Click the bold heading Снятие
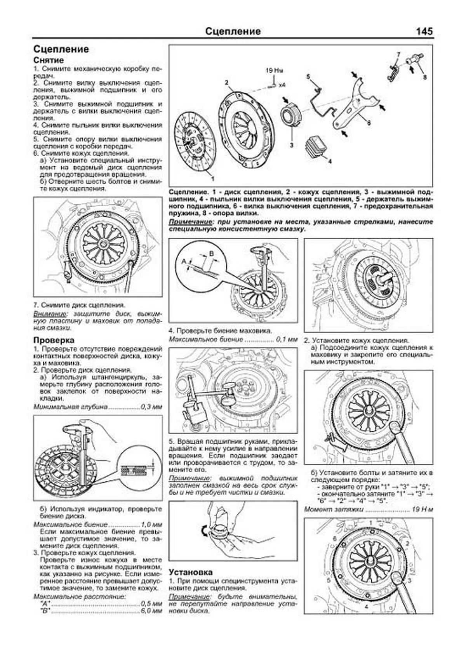coord(49,60)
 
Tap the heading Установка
coord(191,572)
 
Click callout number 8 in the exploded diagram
coord(424,77)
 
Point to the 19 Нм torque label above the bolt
coord(274,71)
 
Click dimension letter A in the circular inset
coord(184,262)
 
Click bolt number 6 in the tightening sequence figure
coord(334,538)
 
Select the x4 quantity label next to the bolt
coord(282,84)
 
